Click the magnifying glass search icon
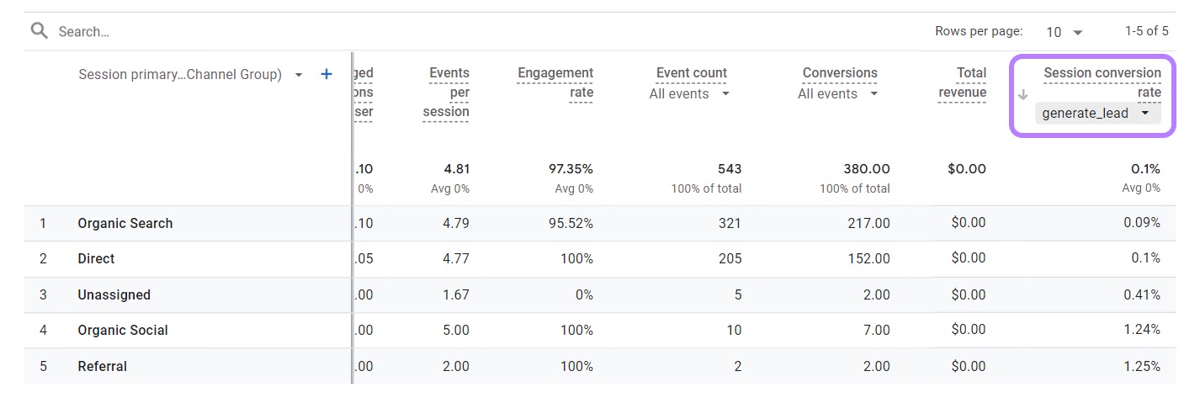39,31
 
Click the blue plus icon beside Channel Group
327,75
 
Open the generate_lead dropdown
1096,113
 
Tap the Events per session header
447,92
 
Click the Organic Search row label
125,223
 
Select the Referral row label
103,366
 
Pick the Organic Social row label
123,330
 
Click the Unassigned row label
114,294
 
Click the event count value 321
729,223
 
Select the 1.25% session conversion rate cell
1141,366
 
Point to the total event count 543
729,169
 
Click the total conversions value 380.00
866,169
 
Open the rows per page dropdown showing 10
1064,32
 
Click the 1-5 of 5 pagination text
1146,31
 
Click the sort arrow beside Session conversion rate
1023,94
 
